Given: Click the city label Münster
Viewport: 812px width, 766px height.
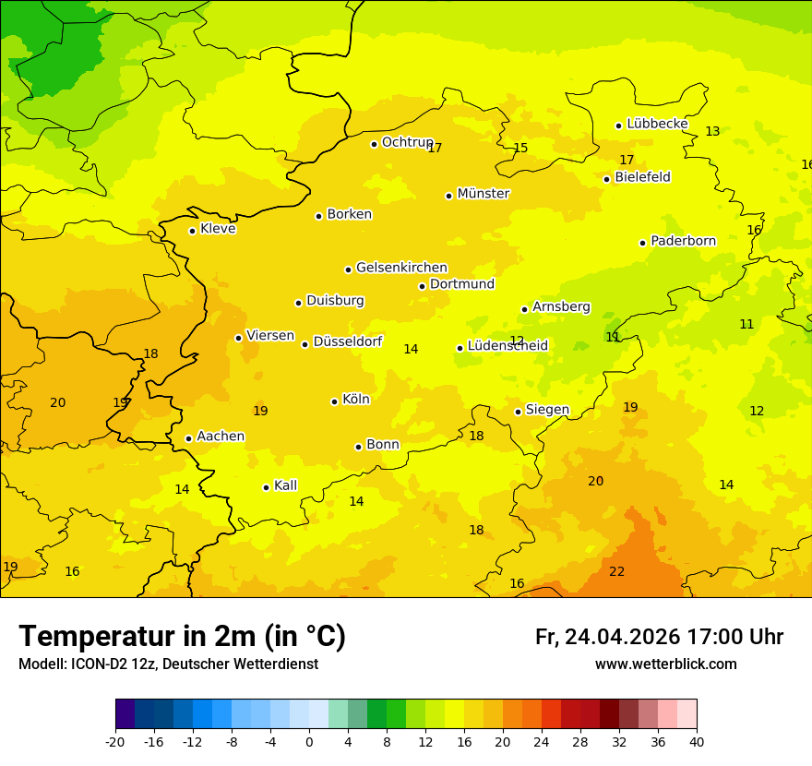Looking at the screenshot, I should coord(483,194).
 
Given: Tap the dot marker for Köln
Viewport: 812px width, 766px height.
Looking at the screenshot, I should coord(334,401).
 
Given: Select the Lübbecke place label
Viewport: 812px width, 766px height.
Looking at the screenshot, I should coord(657,124).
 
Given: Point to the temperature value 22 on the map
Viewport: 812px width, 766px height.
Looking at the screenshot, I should coord(616,572).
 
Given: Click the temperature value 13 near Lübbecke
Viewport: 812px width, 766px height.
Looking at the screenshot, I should coord(712,132).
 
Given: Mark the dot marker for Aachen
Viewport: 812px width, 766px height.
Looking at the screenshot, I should coord(188,438).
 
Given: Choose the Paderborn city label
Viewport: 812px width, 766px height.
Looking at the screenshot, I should coord(683,241).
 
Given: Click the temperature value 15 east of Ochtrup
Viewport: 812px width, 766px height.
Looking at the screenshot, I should coord(520,149).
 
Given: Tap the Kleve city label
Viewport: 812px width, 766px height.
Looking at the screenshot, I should coord(218,229).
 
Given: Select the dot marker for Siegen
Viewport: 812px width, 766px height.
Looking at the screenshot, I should coord(518,412).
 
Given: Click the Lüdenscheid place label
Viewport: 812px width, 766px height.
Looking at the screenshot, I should coord(507,346).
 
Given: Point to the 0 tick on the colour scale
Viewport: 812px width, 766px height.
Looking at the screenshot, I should coord(309,741).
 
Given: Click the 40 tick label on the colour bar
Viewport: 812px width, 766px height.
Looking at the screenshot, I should coord(697,741).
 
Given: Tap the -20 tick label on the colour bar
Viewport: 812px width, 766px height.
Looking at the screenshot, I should coord(115,741).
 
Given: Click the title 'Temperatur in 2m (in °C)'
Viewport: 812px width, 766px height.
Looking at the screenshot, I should coord(182,637).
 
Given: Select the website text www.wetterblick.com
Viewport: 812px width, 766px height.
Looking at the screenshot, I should coord(665,664).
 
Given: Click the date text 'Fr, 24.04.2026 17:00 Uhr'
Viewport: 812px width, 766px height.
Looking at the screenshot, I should coord(659,637).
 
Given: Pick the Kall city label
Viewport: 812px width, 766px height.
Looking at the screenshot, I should coord(285,485).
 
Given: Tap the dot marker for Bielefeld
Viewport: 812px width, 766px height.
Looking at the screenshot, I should coord(606,179).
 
